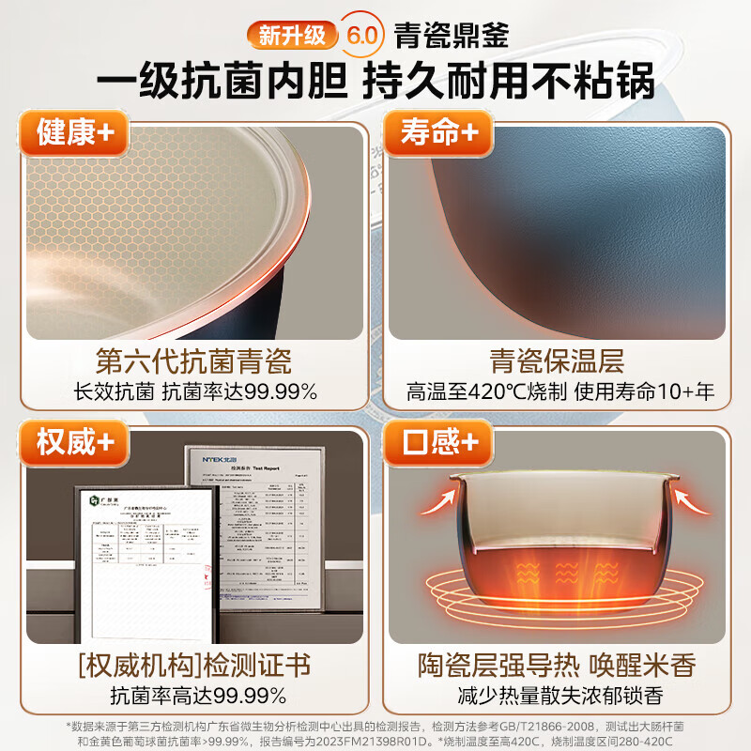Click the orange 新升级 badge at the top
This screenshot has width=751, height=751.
click(292, 35)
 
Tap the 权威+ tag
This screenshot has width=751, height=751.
click(75, 440)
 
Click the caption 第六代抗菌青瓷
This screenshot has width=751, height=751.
click(193, 360)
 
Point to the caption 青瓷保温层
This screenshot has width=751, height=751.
click(557, 360)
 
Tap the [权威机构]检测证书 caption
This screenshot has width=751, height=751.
click(193, 667)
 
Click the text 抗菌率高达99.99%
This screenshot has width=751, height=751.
click(193, 697)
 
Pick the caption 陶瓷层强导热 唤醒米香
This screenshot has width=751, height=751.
click(557, 667)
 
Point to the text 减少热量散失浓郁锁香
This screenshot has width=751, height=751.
click(557, 697)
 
